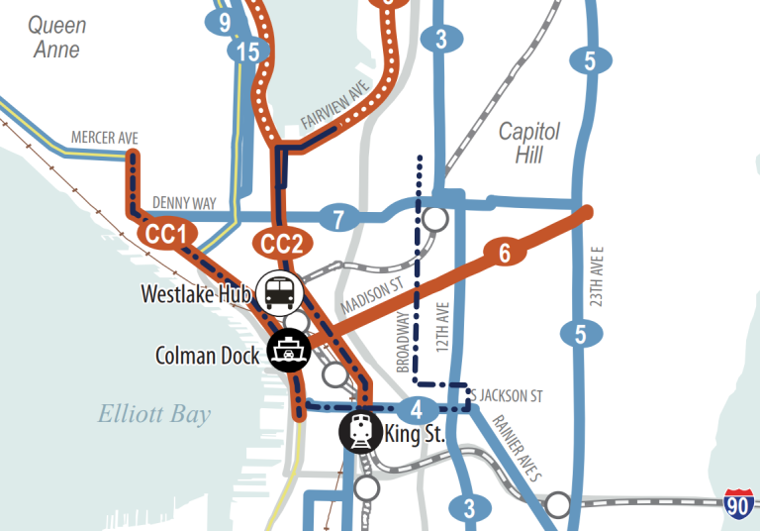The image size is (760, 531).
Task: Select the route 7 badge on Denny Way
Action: pyautogui.click(x=338, y=217)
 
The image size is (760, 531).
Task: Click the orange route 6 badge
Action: pyautogui.click(x=504, y=254)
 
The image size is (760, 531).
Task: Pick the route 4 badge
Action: pyautogui.click(x=419, y=408)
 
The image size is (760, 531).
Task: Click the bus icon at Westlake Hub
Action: pyautogui.click(x=279, y=292)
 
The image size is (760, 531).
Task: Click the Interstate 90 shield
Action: pyautogui.click(x=738, y=504)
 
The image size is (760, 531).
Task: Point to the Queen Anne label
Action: pyautogui.click(x=56, y=37)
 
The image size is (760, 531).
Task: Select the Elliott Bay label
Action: pyautogui.click(x=153, y=414)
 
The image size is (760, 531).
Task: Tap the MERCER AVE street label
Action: pyautogui.click(x=104, y=138)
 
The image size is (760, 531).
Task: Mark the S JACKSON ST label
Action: pyautogui.click(x=507, y=395)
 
